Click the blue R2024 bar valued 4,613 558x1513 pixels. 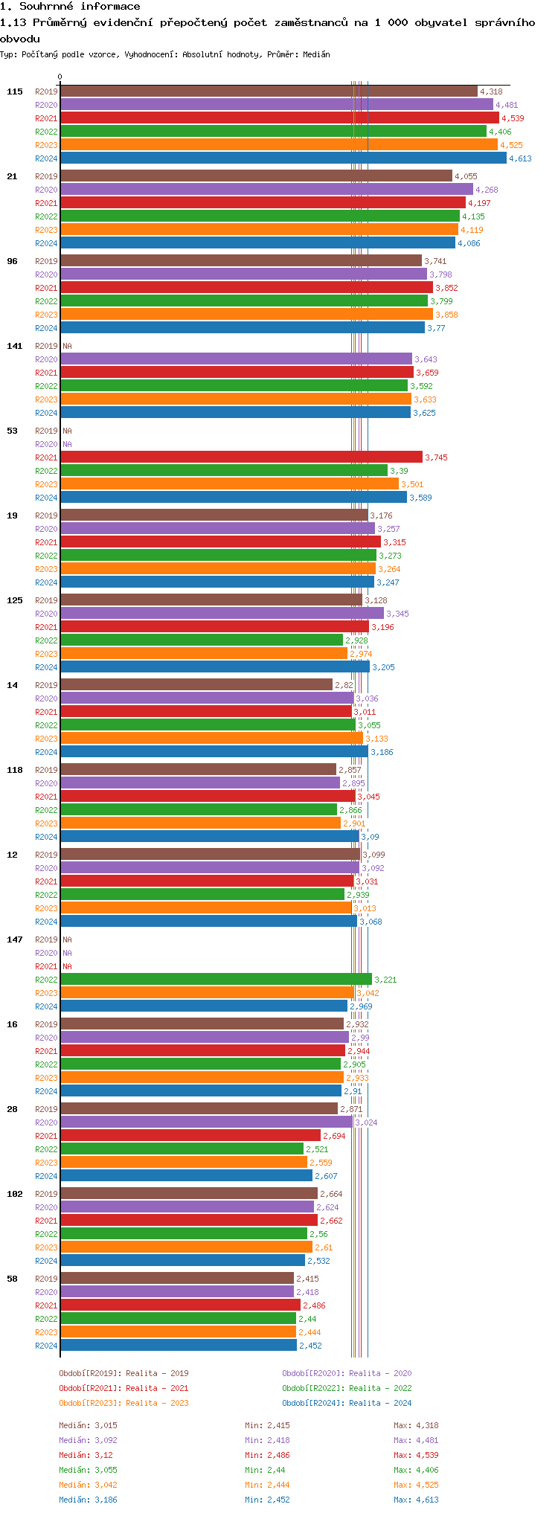(x=283, y=158)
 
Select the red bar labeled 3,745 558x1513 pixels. (x=241, y=457)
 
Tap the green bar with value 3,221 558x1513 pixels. (x=216, y=980)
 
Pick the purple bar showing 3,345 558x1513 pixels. (x=222, y=614)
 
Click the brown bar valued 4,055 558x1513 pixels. (x=256, y=176)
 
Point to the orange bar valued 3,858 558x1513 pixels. (x=246, y=315)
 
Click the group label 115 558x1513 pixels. (x=15, y=91)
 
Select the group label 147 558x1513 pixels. (x=15, y=939)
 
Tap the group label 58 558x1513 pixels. (x=12, y=1279)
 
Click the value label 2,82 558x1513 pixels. (x=344, y=685)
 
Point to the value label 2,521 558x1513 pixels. (x=317, y=1149)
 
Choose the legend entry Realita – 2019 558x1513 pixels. (x=124, y=1373)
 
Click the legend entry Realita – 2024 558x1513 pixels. (x=347, y=1403)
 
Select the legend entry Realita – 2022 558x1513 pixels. (x=347, y=1388)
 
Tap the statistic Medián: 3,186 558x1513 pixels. (x=88, y=1500)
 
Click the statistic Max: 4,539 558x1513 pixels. (x=416, y=1455)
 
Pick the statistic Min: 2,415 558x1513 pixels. (x=267, y=1425)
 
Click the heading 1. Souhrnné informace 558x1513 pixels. (x=70, y=7)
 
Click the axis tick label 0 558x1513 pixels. (x=60, y=77)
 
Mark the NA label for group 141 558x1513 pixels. (x=67, y=346)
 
